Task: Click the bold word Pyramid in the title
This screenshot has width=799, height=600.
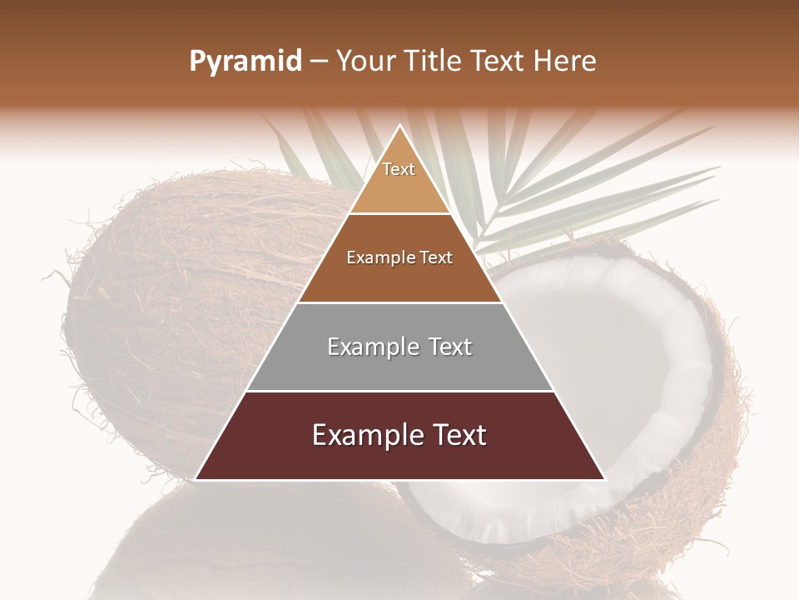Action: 246,62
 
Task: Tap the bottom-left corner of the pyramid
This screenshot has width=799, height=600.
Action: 196,480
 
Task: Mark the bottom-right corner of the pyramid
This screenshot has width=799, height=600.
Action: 604,480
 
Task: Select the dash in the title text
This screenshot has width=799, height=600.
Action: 319,62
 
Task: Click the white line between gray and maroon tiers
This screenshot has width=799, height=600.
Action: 399,391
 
